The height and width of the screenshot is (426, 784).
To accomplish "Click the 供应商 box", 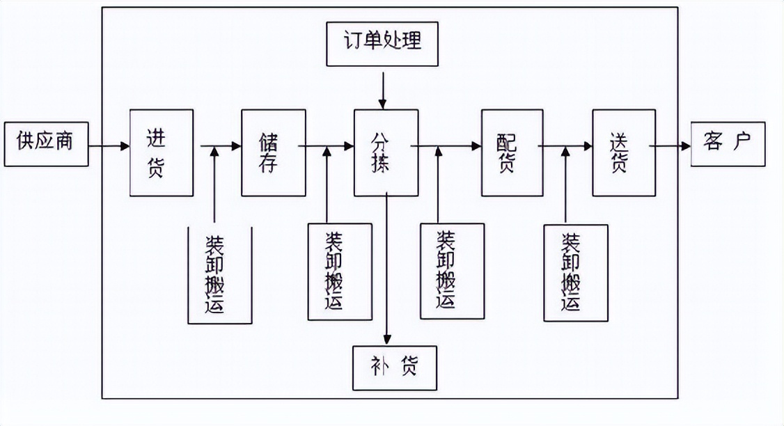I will tap(46, 144).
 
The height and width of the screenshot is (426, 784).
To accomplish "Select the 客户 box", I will tap(728, 144).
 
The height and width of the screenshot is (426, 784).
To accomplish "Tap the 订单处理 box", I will tap(383, 43).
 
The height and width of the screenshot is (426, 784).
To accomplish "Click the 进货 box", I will tap(162, 152).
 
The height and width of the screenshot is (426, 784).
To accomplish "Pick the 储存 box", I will tap(274, 152).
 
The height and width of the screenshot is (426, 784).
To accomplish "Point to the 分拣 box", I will tap(386, 152).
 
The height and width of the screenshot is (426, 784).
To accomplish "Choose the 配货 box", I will tap(512, 152).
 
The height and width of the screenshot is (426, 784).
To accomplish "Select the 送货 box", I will tap(624, 152).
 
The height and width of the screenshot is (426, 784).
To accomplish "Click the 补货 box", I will tap(395, 368).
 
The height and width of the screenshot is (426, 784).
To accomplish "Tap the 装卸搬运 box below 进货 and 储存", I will tap(219, 275).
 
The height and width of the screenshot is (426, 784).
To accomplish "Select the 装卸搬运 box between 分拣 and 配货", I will tap(452, 271).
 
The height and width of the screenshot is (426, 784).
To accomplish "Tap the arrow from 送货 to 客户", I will tap(670, 146).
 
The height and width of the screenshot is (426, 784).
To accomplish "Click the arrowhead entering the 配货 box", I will tap(476, 146).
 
